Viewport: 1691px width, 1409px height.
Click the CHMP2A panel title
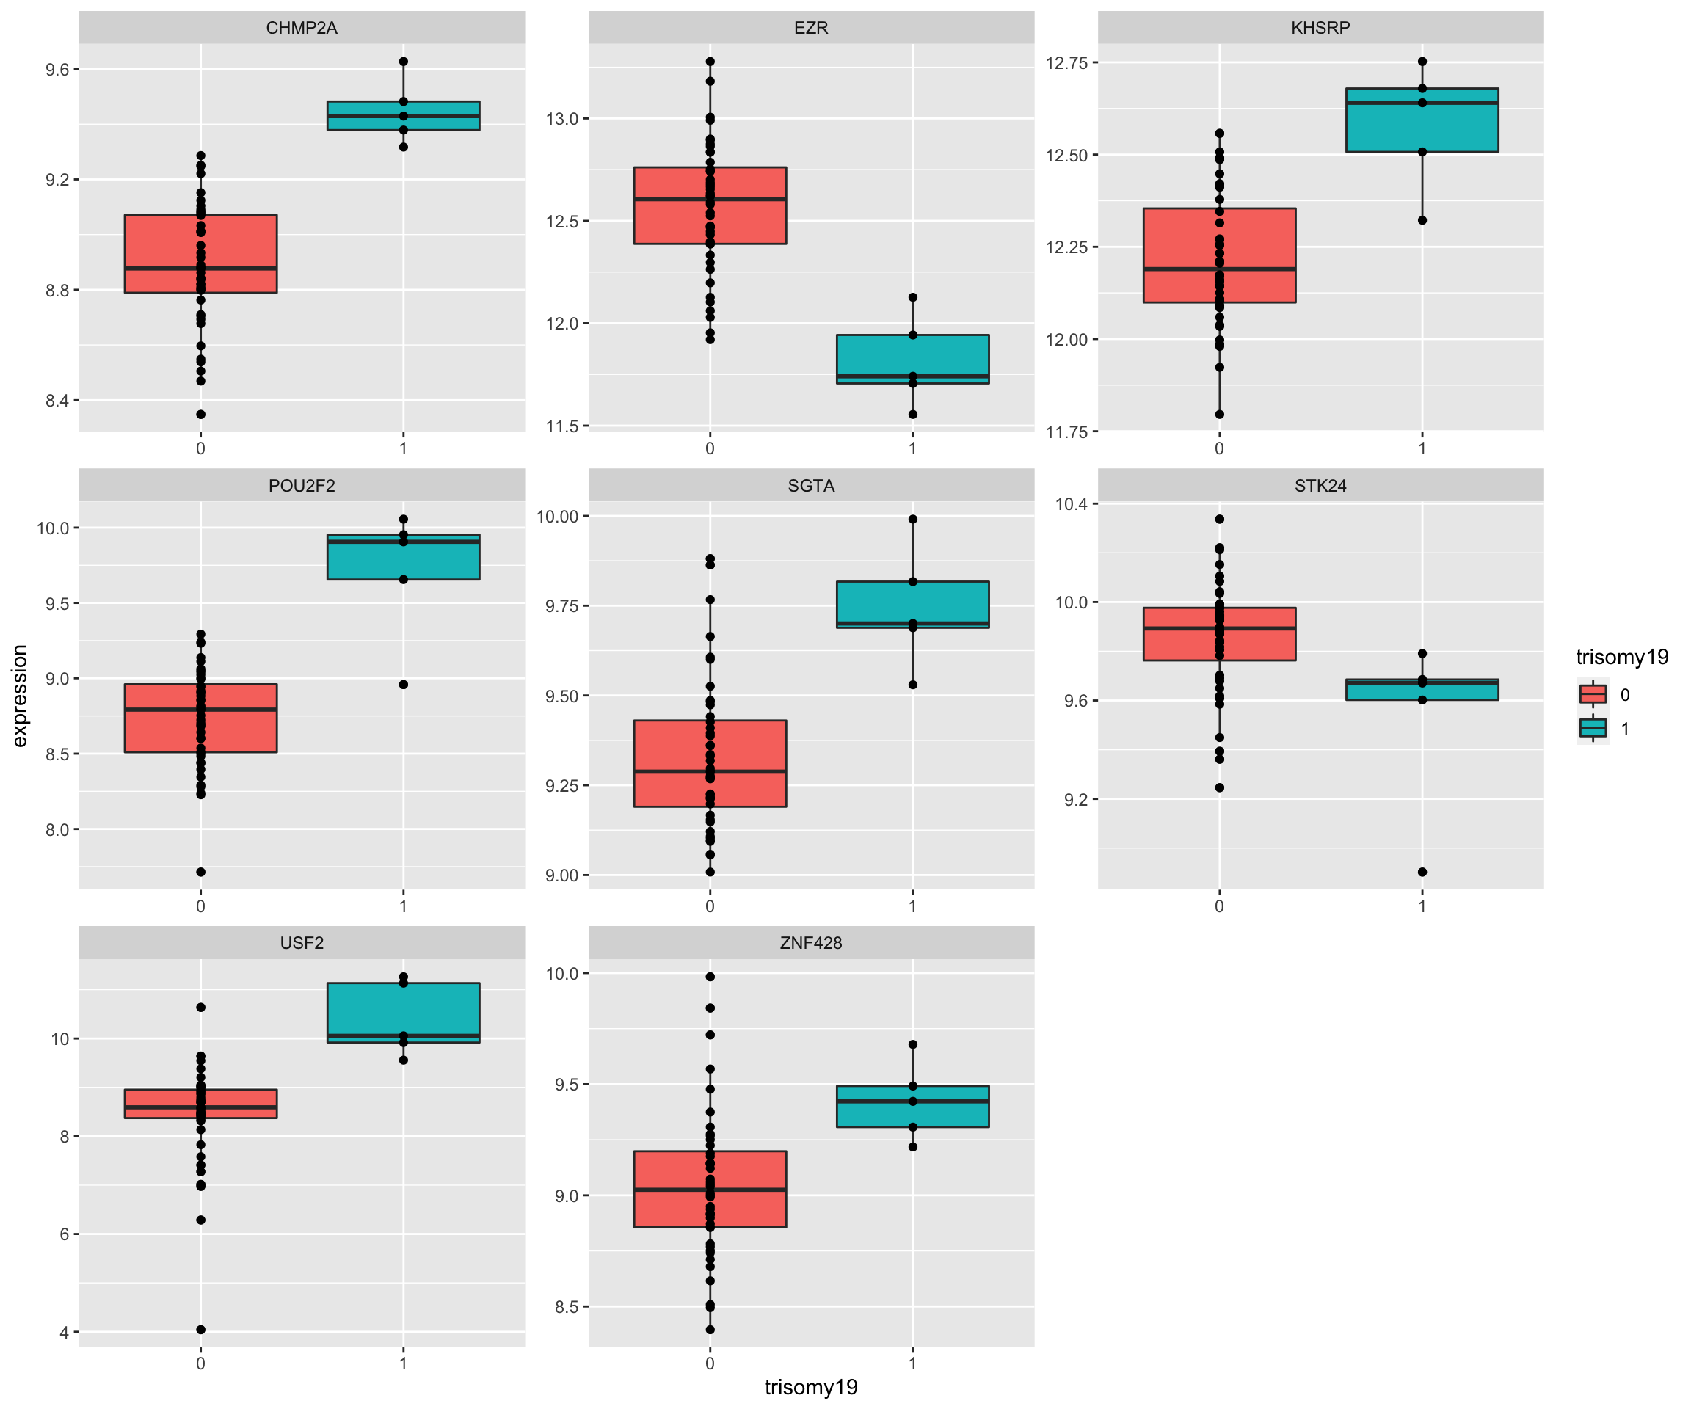301,27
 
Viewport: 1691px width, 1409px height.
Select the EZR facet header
810,27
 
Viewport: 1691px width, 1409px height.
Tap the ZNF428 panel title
810,943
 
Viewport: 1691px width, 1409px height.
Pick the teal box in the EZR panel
912,358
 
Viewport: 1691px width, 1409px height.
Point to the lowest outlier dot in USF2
200,1330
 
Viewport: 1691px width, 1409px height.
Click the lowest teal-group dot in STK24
1422,872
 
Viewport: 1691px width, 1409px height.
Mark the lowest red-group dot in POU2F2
200,872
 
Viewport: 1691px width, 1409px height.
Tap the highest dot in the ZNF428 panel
710,977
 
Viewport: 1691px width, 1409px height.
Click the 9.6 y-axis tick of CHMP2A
57,70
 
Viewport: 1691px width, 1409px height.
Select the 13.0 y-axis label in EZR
562,119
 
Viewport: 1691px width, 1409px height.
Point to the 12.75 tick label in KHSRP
1066,63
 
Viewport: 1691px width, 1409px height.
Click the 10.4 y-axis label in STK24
1071,504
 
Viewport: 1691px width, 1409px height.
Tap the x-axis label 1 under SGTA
912,906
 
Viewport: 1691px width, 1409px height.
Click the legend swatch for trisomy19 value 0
1593,694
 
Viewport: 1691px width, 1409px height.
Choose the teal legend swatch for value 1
1593,728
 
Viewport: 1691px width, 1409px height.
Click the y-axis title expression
20,696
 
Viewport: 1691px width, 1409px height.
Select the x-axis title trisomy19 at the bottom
810,1387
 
